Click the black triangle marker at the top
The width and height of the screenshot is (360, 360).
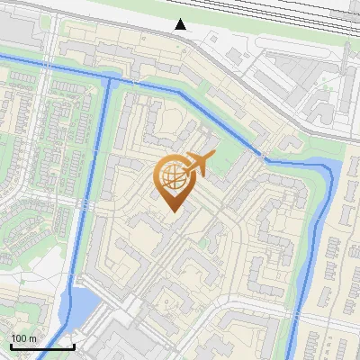click(x=181, y=24)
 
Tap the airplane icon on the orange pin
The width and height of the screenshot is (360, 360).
click(x=199, y=165)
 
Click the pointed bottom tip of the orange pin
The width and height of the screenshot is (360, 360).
click(x=171, y=211)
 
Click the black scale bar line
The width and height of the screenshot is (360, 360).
click(x=42, y=346)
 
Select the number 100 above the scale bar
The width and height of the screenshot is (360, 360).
click(x=19, y=338)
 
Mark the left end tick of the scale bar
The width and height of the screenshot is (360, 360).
click(x=11, y=345)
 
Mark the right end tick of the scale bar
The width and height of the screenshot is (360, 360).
click(x=74, y=345)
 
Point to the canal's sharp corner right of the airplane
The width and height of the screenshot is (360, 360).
click(x=262, y=158)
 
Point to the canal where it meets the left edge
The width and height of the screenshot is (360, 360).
click(x=3, y=56)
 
